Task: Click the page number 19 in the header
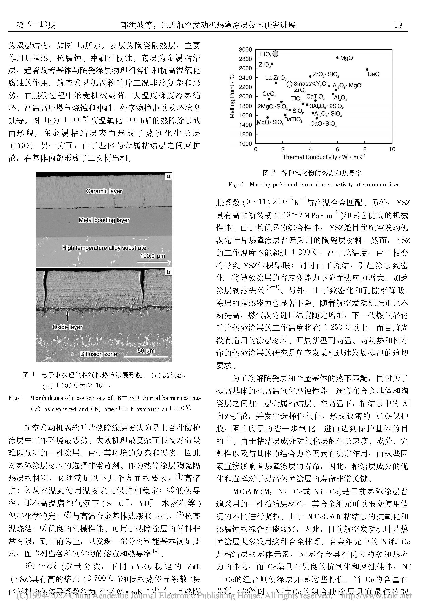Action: [398, 25]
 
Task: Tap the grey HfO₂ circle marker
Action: [275, 54]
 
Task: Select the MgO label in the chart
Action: [347, 58]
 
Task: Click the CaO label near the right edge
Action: [373, 74]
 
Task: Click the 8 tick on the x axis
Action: [365, 149]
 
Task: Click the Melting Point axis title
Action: [232, 96]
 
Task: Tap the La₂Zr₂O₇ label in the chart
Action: [276, 78]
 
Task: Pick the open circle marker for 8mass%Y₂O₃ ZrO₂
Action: [289, 84]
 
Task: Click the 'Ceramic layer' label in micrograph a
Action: [104, 191]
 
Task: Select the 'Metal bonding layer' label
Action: [104, 220]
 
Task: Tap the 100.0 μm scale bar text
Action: [153, 256]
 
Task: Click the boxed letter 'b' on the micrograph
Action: [168, 272]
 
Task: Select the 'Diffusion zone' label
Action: [98, 354]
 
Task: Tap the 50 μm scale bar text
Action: [146, 351]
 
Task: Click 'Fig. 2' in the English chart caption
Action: [236, 184]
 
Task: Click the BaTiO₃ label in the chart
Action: [293, 119]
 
